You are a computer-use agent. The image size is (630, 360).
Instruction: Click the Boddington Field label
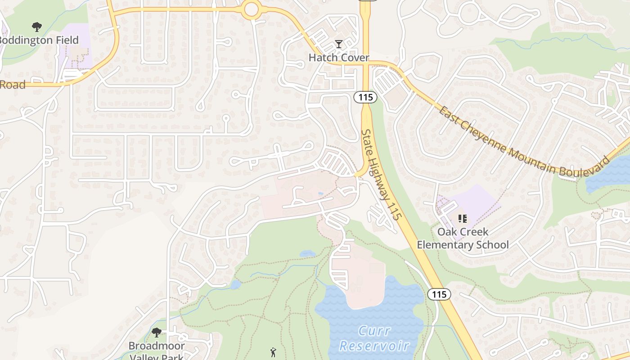(x=40, y=40)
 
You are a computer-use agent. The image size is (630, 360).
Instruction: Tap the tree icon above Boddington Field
(x=36, y=27)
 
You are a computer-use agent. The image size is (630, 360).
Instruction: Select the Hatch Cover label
(x=338, y=58)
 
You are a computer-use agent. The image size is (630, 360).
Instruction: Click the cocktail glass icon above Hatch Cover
(x=339, y=44)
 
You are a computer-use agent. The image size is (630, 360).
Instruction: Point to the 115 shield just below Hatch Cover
(x=365, y=97)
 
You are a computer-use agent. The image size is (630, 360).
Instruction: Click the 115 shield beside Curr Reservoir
(x=439, y=294)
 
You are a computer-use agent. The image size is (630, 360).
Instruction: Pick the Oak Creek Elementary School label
(x=463, y=238)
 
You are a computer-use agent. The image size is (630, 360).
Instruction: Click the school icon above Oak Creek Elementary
(x=462, y=219)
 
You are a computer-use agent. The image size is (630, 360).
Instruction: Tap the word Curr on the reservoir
(x=374, y=331)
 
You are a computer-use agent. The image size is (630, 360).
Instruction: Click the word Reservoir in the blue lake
(x=374, y=346)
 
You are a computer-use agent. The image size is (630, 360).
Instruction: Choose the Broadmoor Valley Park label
(x=157, y=351)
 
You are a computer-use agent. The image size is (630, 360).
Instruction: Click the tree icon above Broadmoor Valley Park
(x=157, y=333)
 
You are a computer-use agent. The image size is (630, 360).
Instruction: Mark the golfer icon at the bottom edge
(x=273, y=352)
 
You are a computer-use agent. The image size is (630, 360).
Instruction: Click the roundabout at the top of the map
(x=251, y=9)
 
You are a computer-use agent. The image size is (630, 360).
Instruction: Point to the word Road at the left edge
(x=12, y=85)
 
